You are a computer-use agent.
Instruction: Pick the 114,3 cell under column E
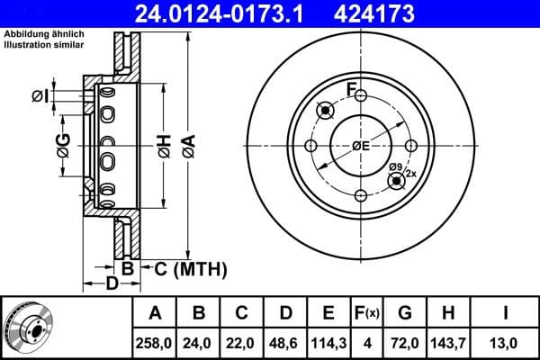point(328,343)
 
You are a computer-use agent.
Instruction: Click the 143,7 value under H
point(448,343)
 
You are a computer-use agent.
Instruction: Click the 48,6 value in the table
point(286,343)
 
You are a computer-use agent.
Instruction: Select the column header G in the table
point(406,313)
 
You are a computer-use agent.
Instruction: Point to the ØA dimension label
point(187,146)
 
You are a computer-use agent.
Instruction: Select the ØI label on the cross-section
point(40,96)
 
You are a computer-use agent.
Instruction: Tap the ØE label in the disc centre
point(362,147)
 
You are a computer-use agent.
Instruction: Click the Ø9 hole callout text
point(396,166)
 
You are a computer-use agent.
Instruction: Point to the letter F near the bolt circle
point(352,88)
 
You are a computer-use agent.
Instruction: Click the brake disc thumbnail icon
point(26,328)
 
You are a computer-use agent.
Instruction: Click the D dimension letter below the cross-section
point(112,284)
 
